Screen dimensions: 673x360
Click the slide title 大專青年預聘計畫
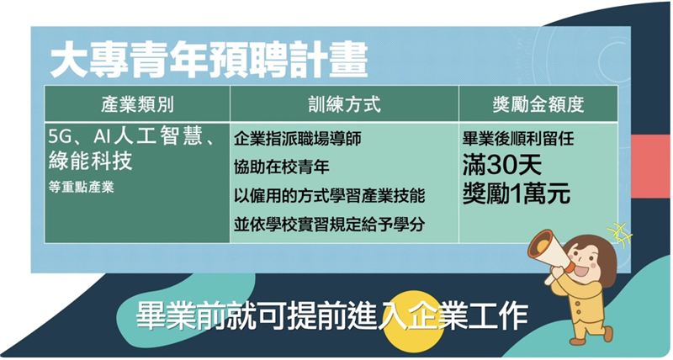pyautogui.click(x=209, y=60)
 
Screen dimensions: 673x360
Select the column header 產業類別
pyautogui.click(x=138, y=104)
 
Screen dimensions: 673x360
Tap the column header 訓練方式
pyautogui.click(x=344, y=104)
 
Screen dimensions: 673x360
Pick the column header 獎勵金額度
pyautogui.click(x=538, y=104)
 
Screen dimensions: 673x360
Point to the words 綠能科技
pyautogui.click(x=90, y=161)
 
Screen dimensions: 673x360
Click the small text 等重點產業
pyautogui.click(x=81, y=187)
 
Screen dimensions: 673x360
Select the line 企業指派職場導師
pyautogui.click(x=298, y=138)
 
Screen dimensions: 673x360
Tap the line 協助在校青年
pyautogui.click(x=282, y=167)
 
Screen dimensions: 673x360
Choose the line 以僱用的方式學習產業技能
pyautogui.click(x=330, y=196)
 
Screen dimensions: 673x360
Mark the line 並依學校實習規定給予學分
pyautogui.click(x=330, y=225)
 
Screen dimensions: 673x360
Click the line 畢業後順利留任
pyautogui.click(x=518, y=138)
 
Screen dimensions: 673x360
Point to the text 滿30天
pyautogui.click(x=501, y=166)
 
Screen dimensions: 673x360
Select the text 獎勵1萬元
pyautogui.click(x=517, y=193)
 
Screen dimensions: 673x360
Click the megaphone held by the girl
pyautogui.click(x=549, y=254)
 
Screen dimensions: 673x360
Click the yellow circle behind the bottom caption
pyautogui.click(x=413, y=322)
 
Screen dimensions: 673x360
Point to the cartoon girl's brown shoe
pyautogui.click(x=579, y=341)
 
